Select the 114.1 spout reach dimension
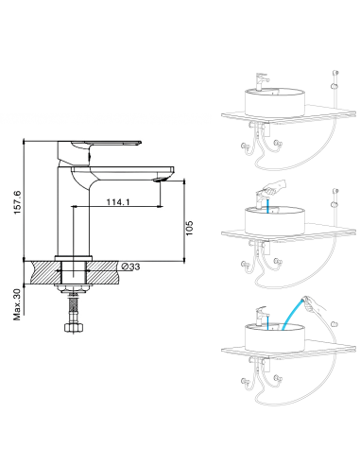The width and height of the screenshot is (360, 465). click(x=118, y=200)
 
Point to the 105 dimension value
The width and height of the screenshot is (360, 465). click(x=189, y=230)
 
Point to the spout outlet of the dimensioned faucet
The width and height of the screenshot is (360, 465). click(x=160, y=179)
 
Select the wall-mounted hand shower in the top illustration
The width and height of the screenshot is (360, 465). click(x=333, y=75)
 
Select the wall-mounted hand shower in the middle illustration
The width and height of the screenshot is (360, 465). click(x=333, y=196)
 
